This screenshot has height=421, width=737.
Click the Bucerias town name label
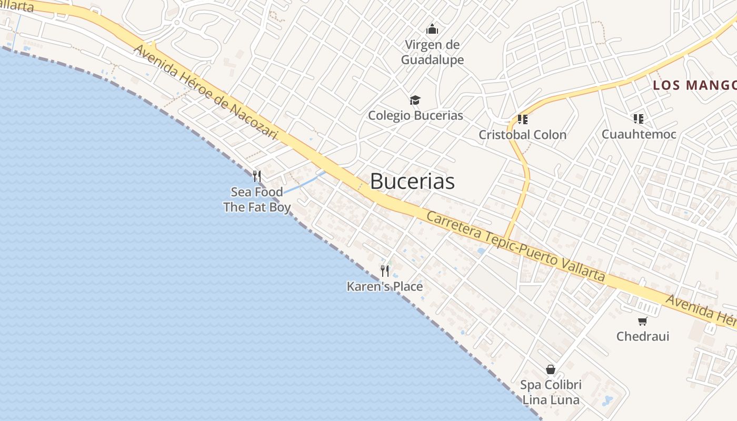412,181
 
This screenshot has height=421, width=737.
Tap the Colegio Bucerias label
415,115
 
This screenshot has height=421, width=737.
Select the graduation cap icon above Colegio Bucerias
415,100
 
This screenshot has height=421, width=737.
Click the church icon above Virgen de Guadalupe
432,28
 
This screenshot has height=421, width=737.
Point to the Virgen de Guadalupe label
432,52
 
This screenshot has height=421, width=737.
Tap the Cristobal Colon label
522,135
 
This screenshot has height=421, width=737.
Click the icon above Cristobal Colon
522,119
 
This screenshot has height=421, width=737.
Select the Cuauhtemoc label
639,134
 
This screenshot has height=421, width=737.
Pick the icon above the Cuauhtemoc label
639,119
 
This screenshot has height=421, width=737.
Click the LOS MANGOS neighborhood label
694,85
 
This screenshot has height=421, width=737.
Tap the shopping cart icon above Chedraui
642,321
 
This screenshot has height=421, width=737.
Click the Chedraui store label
643,336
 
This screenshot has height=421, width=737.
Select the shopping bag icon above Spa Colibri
551,369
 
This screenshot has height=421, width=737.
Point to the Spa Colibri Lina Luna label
551,392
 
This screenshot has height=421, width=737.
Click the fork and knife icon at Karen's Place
385,271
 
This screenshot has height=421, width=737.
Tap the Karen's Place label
385,286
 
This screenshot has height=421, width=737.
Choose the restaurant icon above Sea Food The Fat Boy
257,176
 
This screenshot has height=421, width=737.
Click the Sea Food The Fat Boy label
257,199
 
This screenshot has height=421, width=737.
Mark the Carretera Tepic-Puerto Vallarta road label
516,246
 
